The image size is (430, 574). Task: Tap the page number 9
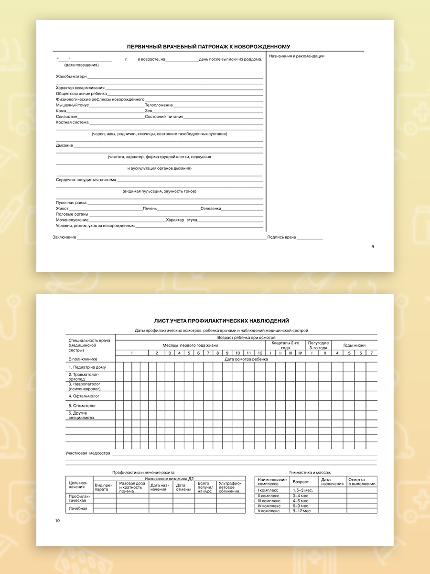(373, 247)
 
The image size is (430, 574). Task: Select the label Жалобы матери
(71, 77)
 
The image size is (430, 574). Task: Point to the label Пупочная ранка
(71, 203)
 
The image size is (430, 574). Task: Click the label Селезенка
(211, 209)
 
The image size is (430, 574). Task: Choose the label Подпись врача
(281, 237)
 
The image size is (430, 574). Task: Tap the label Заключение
(64, 237)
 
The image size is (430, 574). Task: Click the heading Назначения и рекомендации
(297, 56)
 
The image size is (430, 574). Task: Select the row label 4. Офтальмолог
(84, 396)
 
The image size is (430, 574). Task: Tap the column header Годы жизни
(355, 345)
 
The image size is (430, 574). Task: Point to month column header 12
(260, 353)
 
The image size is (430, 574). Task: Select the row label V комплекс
(268, 511)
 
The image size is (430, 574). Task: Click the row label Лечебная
(78, 508)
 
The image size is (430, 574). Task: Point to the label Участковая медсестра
(88, 453)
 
